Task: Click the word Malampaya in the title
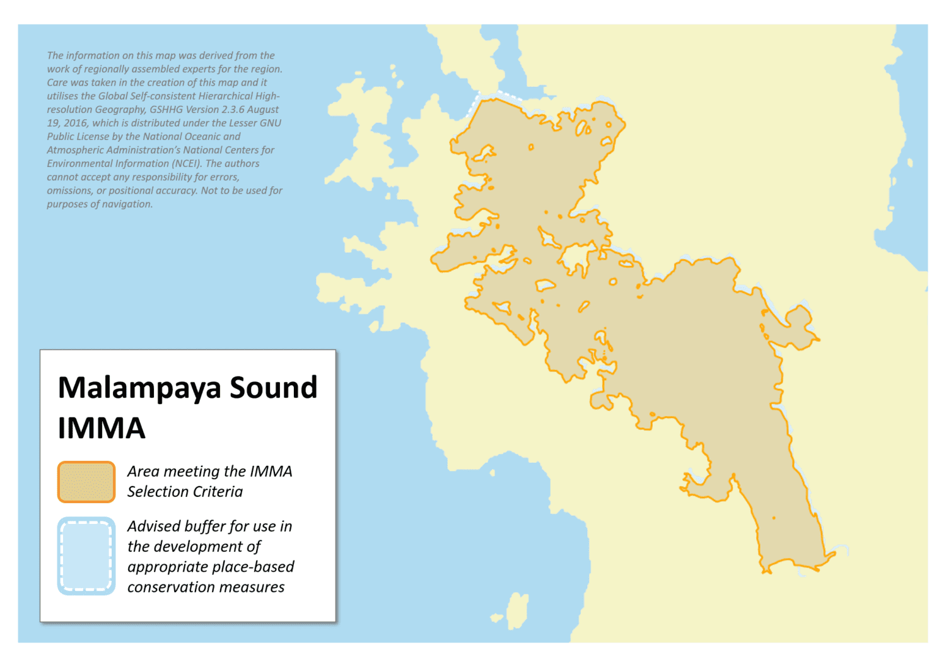139,388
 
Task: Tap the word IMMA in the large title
102,429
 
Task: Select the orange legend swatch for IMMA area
86,482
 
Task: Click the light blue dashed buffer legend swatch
86,556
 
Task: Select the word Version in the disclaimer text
206,110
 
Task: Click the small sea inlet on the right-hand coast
909,163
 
